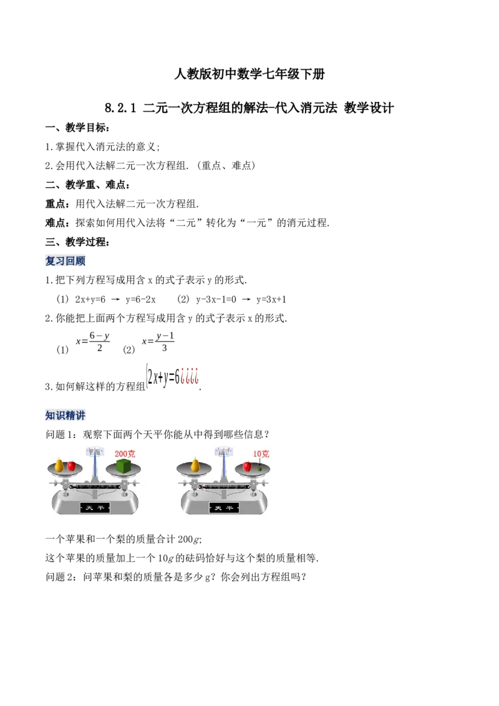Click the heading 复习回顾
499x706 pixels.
click(x=67, y=260)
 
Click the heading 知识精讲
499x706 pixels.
click(x=67, y=414)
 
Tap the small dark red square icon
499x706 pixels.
click(x=190, y=374)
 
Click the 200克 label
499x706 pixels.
click(x=125, y=453)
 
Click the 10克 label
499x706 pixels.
click(x=261, y=453)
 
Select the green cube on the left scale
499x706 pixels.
click(x=124, y=465)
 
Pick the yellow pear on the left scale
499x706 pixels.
click(x=59, y=465)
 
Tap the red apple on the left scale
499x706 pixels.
click(x=71, y=466)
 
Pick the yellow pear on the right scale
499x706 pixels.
click(x=195, y=465)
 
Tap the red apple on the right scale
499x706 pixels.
click(x=247, y=466)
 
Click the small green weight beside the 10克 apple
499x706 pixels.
click(x=259, y=468)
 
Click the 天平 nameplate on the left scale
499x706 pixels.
click(x=95, y=508)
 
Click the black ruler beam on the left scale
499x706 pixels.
click(x=95, y=486)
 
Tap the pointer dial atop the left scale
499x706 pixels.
click(x=95, y=450)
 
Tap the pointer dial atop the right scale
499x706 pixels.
click(x=223, y=450)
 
